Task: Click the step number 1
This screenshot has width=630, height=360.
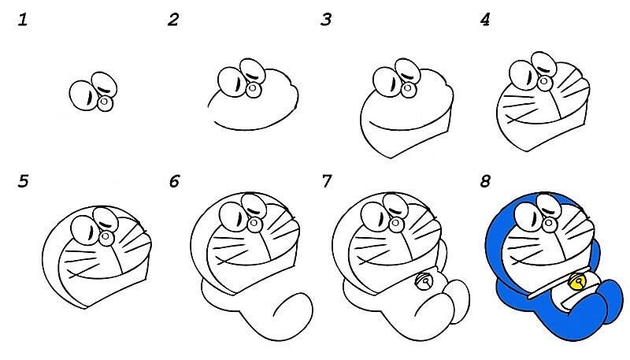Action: coord(23,20)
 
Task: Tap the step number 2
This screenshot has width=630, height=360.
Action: coord(173,20)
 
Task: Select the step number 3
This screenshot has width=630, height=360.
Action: coord(326,20)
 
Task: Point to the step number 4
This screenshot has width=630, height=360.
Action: coord(485,20)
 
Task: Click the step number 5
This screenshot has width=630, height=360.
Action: coord(23,182)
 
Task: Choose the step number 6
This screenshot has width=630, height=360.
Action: coord(174,182)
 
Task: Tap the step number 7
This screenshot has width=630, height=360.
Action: coord(327,182)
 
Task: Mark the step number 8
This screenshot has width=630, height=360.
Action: coord(485,182)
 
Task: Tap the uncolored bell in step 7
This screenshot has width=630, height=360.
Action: coord(423,281)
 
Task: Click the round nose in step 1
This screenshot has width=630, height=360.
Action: coord(106,103)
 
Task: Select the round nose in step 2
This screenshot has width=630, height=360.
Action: coord(254,90)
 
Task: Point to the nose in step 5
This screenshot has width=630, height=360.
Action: coord(106,238)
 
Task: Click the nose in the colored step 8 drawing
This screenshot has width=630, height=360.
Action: coord(549,224)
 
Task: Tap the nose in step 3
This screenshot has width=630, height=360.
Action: coord(409,89)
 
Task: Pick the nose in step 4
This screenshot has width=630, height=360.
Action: coord(544,83)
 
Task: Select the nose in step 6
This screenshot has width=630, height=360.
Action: coord(254,225)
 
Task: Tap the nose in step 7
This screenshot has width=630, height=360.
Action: coord(397,223)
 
